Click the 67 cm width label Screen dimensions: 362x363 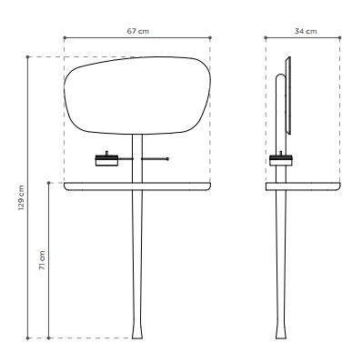pyautogui.click(x=138, y=31)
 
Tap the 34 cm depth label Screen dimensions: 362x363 pyautogui.click(x=306, y=31)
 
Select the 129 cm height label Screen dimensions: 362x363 pyautogui.click(x=21, y=197)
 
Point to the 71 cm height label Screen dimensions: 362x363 pyautogui.click(x=42, y=260)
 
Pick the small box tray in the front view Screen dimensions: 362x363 pyautogui.click(x=106, y=160)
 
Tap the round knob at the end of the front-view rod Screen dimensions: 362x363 pyautogui.click(x=168, y=158)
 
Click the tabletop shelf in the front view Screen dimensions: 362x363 pyautogui.click(x=137, y=187)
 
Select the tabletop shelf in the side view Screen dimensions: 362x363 pyautogui.click(x=303, y=187)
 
